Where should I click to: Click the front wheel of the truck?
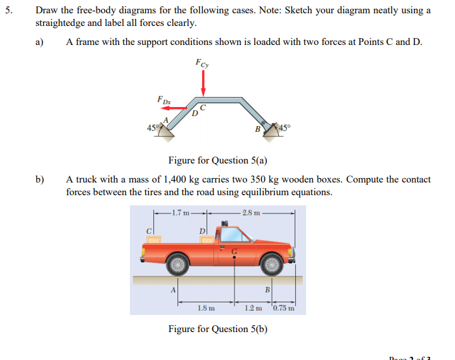(272, 262)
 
